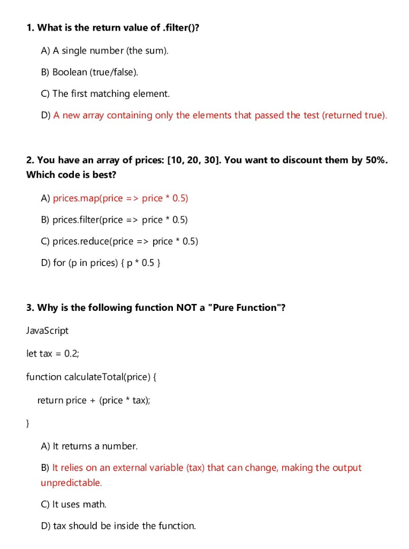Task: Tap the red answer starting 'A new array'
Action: [x=219, y=115]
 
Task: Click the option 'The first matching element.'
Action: [x=111, y=94]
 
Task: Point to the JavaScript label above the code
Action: [x=47, y=331]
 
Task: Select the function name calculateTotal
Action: [x=93, y=377]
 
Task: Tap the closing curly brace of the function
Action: [x=28, y=423]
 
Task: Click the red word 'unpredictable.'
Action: [x=71, y=483]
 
